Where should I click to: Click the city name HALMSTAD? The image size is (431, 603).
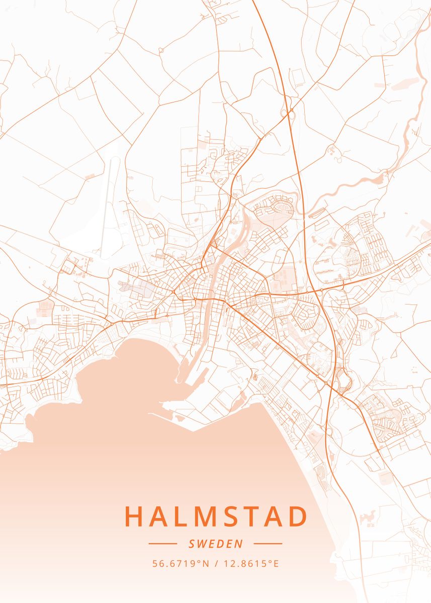(216, 517)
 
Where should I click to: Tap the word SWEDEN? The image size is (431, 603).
(215, 544)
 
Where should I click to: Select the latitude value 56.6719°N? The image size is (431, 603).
(181, 564)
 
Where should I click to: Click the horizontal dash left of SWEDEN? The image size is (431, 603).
(162, 544)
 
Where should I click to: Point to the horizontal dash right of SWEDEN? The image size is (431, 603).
(268, 544)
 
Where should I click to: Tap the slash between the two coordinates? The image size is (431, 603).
(216, 564)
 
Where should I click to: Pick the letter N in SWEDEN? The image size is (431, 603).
(239, 544)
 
